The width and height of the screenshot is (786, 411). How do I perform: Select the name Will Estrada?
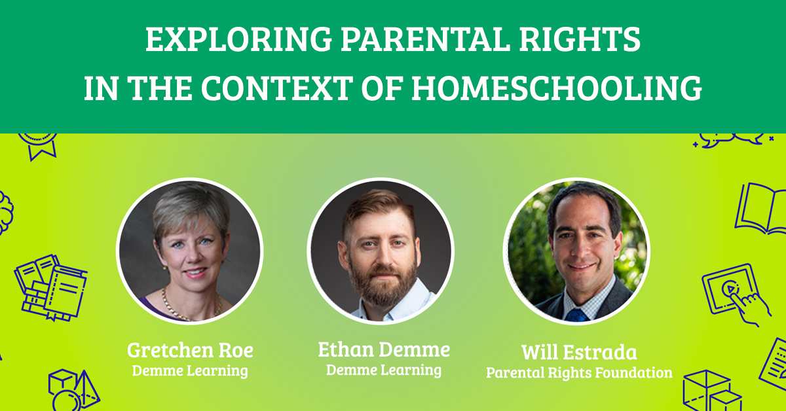coord(579,353)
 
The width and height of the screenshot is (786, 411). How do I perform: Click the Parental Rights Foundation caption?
coord(579,373)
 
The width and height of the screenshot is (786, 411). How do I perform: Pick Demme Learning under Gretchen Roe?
coord(190,371)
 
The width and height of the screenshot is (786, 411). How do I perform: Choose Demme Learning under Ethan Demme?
coord(384,370)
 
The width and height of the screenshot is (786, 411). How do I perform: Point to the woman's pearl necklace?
coord(172,304)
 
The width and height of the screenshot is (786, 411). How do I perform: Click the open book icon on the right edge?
coord(760,208)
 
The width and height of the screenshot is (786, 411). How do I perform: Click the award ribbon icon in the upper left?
coord(37,144)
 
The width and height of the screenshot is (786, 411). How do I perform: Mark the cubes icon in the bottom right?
coord(711,391)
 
